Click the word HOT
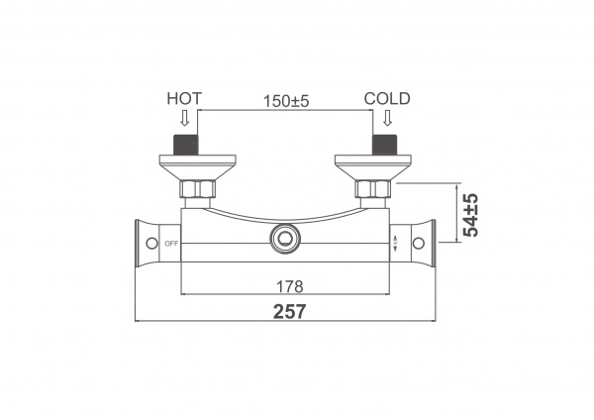pyautogui.click(x=184, y=98)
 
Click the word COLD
pyautogui.click(x=387, y=98)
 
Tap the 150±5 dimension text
pyautogui.click(x=286, y=101)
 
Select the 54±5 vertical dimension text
pyautogui.click(x=471, y=215)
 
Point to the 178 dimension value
pyautogui.click(x=290, y=286)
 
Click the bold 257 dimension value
pyautogui.click(x=289, y=312)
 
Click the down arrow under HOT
pyautogui.click(x=184, y=118)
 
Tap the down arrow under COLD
pyautogui.click(x=387, y=118)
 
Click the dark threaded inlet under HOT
pyautogui.click(x=186, y=145)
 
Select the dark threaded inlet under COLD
pyautogui.click(x=385, y=145)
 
